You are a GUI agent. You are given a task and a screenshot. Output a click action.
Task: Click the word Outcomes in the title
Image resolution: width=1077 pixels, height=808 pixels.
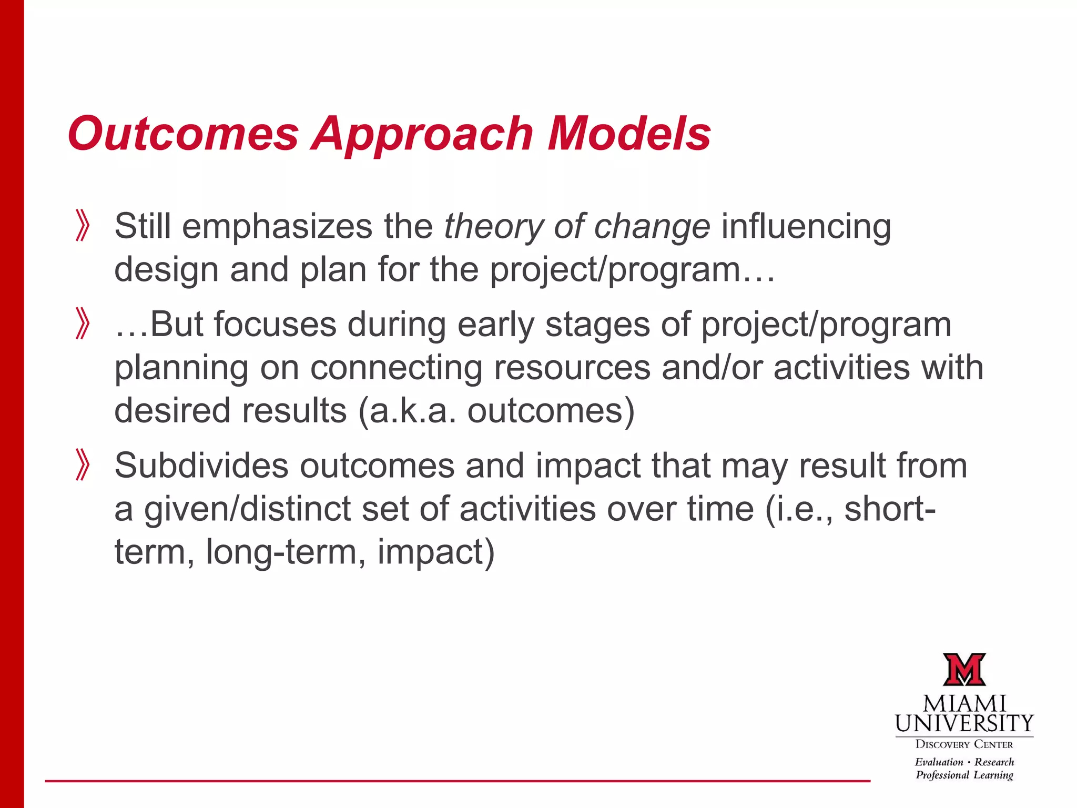(x=183, y=134)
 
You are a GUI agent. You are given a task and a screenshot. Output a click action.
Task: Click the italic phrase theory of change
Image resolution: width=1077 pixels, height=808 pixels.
(x=577, y=227)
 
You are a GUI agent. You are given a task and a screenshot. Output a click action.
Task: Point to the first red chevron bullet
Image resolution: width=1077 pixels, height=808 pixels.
(x=83, y=226)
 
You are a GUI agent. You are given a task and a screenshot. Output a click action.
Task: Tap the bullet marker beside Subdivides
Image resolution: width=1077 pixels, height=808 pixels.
(x=83, y=465)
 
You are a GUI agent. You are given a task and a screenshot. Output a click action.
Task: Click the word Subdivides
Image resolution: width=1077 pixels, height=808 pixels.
(x=201, y=466)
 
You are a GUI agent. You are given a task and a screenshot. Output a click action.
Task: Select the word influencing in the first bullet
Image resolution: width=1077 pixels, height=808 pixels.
(x=806, y=227)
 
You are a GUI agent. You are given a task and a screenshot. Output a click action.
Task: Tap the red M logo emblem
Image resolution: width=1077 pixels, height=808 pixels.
(x=964, y=670)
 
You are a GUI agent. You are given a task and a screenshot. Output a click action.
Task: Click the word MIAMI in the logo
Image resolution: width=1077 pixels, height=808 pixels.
(x=964, y=704)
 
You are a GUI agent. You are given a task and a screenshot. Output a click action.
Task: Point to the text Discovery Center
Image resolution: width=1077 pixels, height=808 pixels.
(x=964, y=744)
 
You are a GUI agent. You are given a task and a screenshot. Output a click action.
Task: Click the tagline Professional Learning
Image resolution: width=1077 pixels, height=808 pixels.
(x=964, y=775)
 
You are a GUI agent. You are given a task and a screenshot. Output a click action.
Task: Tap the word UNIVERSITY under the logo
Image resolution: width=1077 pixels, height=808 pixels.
(x=964, y=724)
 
